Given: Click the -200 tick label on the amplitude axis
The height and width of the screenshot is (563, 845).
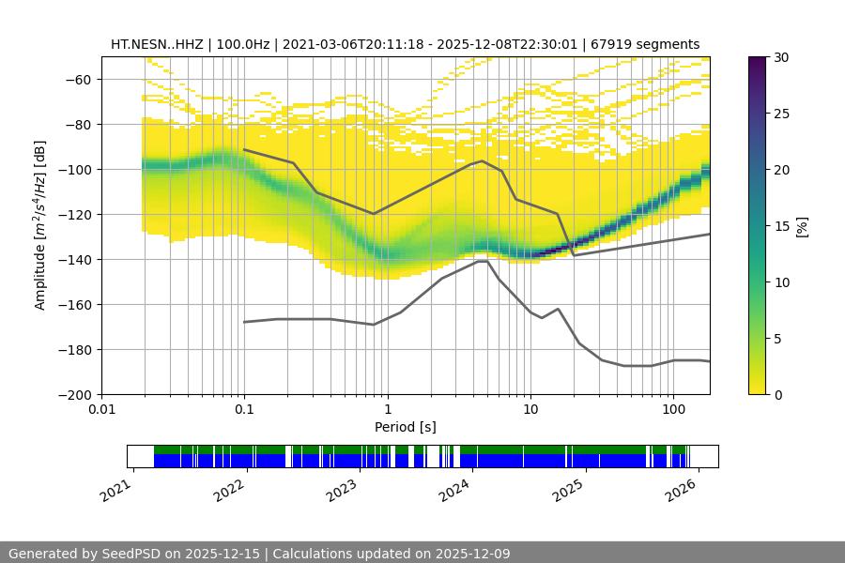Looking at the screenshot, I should coord(81,395).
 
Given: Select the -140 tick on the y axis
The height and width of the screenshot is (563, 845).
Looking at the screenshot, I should coord(81,260).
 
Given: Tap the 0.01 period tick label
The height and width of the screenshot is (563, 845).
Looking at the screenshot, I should coord(101,410).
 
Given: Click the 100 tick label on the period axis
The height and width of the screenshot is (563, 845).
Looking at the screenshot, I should coord(673,410).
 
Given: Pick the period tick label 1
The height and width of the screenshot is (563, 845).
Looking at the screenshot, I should coord(387,410).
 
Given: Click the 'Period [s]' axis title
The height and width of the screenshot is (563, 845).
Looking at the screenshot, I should coord(405,427).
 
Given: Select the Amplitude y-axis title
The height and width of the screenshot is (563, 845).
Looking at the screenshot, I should coord(40,226).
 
